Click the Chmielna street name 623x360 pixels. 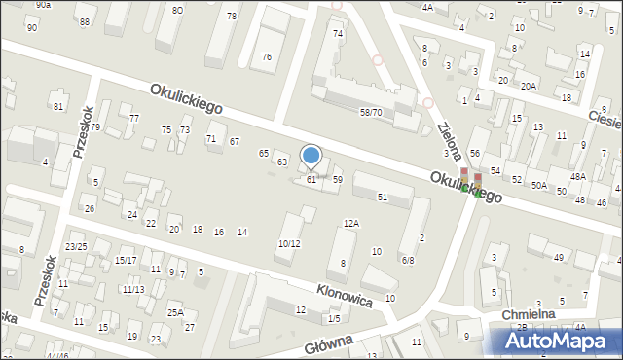pyautogui.click(x=529, y=314)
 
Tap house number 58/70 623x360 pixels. pyautogui.click(x=371, y=113)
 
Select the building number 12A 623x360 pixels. pyautogui.click(x=351, y=223)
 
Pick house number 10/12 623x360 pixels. pyautogui.click(x=289, y=243)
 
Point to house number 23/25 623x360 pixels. pyautogui.click(x=76, y=246)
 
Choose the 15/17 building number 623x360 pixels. pyautogui.click(x=125, y=260)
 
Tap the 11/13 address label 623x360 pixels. pyautogui.click(x=133, y=289)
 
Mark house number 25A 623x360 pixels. pyautogui.click(x=175, y=312)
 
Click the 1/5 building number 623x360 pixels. pyautogui.click(x=334, y=318)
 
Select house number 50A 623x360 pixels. pyautogui.click(x=538, y=185)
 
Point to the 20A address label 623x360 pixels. pyautogui.click(x=529, y=86)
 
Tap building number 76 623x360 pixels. pyautogui.click(x=267, y=56)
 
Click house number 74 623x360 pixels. pyautogui.click(x=338, y=33)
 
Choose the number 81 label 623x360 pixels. pyautogui.click(x=59, y=106)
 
